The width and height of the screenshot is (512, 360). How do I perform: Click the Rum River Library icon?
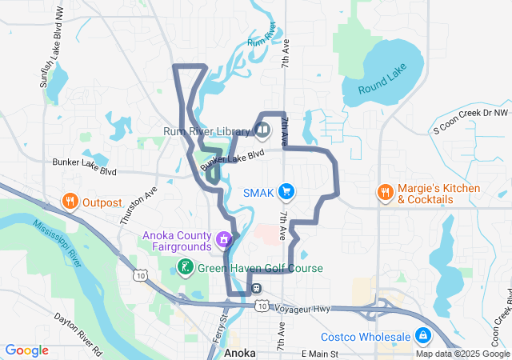(263, 129)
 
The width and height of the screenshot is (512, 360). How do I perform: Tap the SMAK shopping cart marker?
(287, 192)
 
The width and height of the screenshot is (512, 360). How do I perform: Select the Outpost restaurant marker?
(70, 202)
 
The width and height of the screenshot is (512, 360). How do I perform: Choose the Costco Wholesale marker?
(422, 336)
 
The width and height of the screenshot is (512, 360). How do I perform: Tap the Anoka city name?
(240, 352)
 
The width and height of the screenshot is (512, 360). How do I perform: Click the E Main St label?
(320, 353)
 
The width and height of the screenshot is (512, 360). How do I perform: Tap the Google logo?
(26, 350)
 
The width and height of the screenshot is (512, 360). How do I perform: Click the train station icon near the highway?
(256, 288)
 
